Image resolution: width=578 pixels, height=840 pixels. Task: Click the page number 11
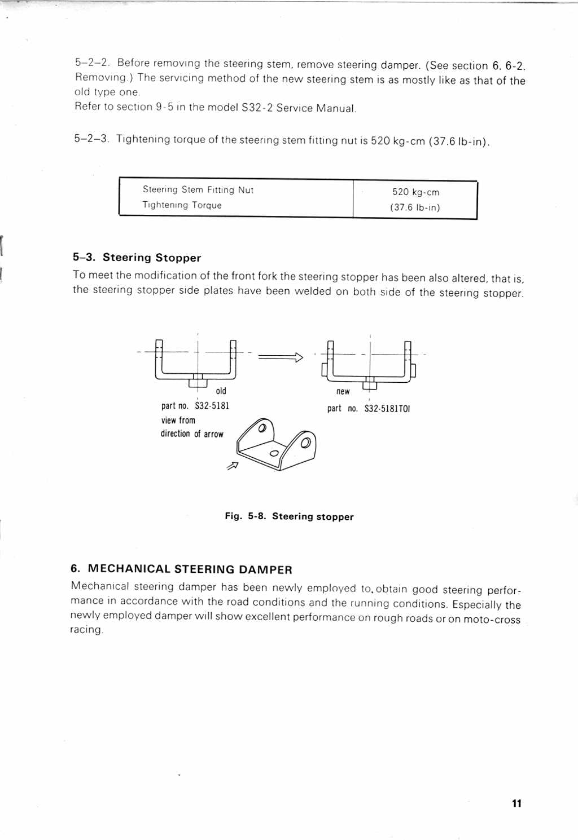tap(516, 803)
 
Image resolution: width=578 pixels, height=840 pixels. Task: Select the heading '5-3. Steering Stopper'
tap(137, 258)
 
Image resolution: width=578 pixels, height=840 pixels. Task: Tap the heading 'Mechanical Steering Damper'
tap(181, 569)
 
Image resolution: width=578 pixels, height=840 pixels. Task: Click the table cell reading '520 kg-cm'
tap(415, 192)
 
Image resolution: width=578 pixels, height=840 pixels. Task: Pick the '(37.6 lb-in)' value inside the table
tap(415, 207)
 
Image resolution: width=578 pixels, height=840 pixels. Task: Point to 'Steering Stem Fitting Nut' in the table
tap(198, 190)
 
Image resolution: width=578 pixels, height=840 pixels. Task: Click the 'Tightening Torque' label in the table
tap(182, 205)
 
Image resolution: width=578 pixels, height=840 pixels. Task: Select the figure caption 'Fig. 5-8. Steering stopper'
tap(289, 516)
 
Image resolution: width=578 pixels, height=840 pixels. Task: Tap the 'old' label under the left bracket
tap(221, 391)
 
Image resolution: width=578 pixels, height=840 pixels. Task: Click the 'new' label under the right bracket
tap(343, 391)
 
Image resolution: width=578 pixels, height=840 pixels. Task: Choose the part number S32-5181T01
tap(387, 408)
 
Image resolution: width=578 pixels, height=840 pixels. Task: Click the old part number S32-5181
tap(212, 406)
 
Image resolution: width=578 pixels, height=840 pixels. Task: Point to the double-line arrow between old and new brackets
tap(281, 356)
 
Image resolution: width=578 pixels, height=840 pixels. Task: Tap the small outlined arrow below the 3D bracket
tap(232, 466)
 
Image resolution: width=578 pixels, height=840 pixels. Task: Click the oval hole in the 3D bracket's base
tap(275, 453)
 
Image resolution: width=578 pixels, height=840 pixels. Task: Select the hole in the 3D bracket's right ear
tap(305, 443)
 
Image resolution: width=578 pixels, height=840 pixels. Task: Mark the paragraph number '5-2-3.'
tap(91, 139)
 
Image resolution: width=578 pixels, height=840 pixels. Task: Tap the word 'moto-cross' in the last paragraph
tap(492, 620)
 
